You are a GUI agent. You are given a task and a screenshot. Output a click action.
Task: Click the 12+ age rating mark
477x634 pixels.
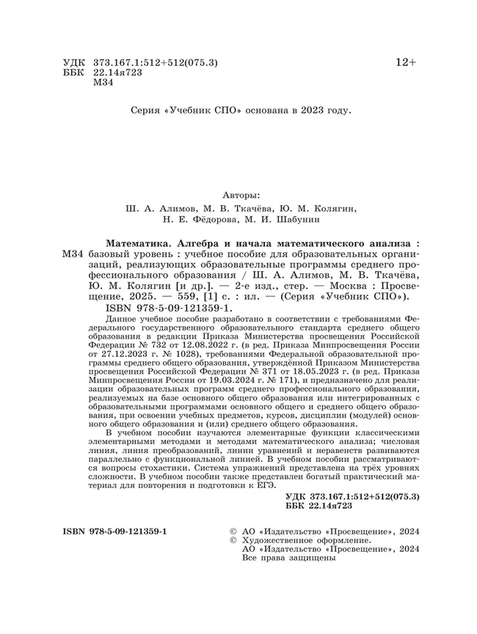(406, 63)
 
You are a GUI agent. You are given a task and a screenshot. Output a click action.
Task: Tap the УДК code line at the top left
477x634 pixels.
(140, 64)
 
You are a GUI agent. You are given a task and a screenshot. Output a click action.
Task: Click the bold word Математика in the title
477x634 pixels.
(142, 241)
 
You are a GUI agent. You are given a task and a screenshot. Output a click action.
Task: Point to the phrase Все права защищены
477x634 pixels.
(288, 558)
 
